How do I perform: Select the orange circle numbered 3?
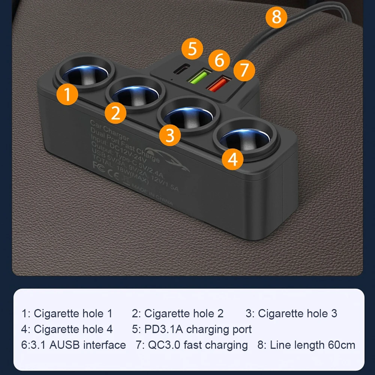[x=170, y=135]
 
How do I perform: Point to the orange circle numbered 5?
[x=192, y=49]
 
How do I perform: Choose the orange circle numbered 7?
[x=244, y=70]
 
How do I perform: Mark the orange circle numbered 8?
[x=276, y=17]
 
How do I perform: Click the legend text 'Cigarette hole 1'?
[x=67, y=313]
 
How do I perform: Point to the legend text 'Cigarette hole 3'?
[x=291, y=313]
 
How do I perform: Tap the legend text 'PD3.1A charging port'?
[x=192, y=329]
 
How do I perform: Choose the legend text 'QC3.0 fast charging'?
[x=191, y=345]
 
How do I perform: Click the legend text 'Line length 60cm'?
[x=306, y=345]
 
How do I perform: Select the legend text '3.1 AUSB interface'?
[x=73, y=345]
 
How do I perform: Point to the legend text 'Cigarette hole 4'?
[x=67, y=329]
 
